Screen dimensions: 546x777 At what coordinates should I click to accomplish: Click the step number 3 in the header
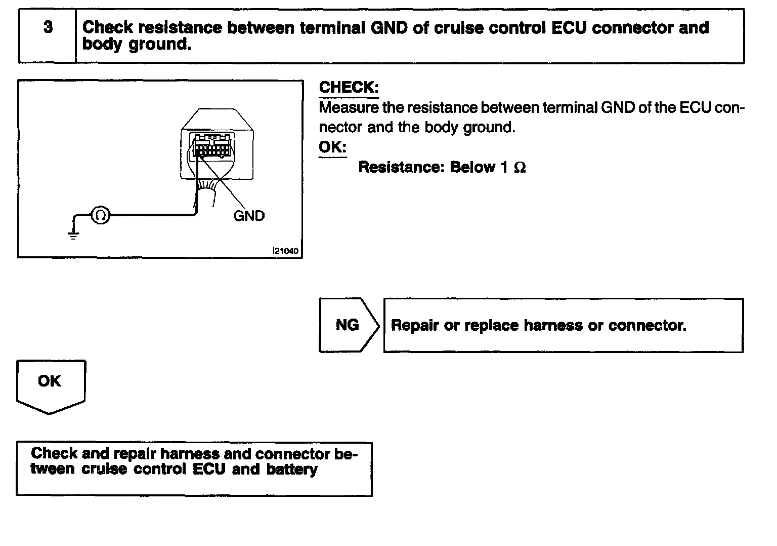[48, 27]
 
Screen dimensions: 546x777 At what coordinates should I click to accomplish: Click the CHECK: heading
[349, 87]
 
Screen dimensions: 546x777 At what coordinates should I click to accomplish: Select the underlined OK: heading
[332, 147]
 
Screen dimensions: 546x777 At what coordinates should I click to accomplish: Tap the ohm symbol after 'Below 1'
[520, 168]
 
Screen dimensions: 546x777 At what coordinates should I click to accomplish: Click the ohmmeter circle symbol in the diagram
[100, 216]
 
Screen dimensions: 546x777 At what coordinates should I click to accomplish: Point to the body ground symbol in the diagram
[74, 234]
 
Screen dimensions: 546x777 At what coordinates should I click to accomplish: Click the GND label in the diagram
[249, 216]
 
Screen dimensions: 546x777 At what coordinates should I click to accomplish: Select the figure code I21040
[285, 251]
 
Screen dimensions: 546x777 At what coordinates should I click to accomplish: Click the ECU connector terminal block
[211, 145]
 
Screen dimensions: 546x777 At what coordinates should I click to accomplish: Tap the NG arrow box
[348, 325]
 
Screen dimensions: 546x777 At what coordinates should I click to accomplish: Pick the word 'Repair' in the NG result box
[415, 325]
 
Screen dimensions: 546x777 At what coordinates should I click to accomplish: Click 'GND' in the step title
[389, 27]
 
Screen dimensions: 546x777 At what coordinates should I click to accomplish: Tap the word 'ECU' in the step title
[569, 27]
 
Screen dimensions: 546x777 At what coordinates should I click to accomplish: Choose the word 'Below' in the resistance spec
[473, 168]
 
